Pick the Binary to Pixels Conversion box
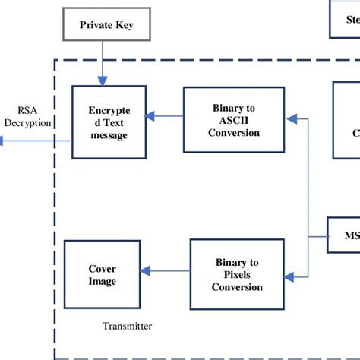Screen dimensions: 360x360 (237, 275)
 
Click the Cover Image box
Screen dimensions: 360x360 (103, 275)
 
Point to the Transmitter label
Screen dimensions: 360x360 (127, 327)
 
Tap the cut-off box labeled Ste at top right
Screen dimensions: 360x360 (345, 18)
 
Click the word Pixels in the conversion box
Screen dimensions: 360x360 (237, 275)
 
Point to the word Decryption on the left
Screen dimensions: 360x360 (27, 122)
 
